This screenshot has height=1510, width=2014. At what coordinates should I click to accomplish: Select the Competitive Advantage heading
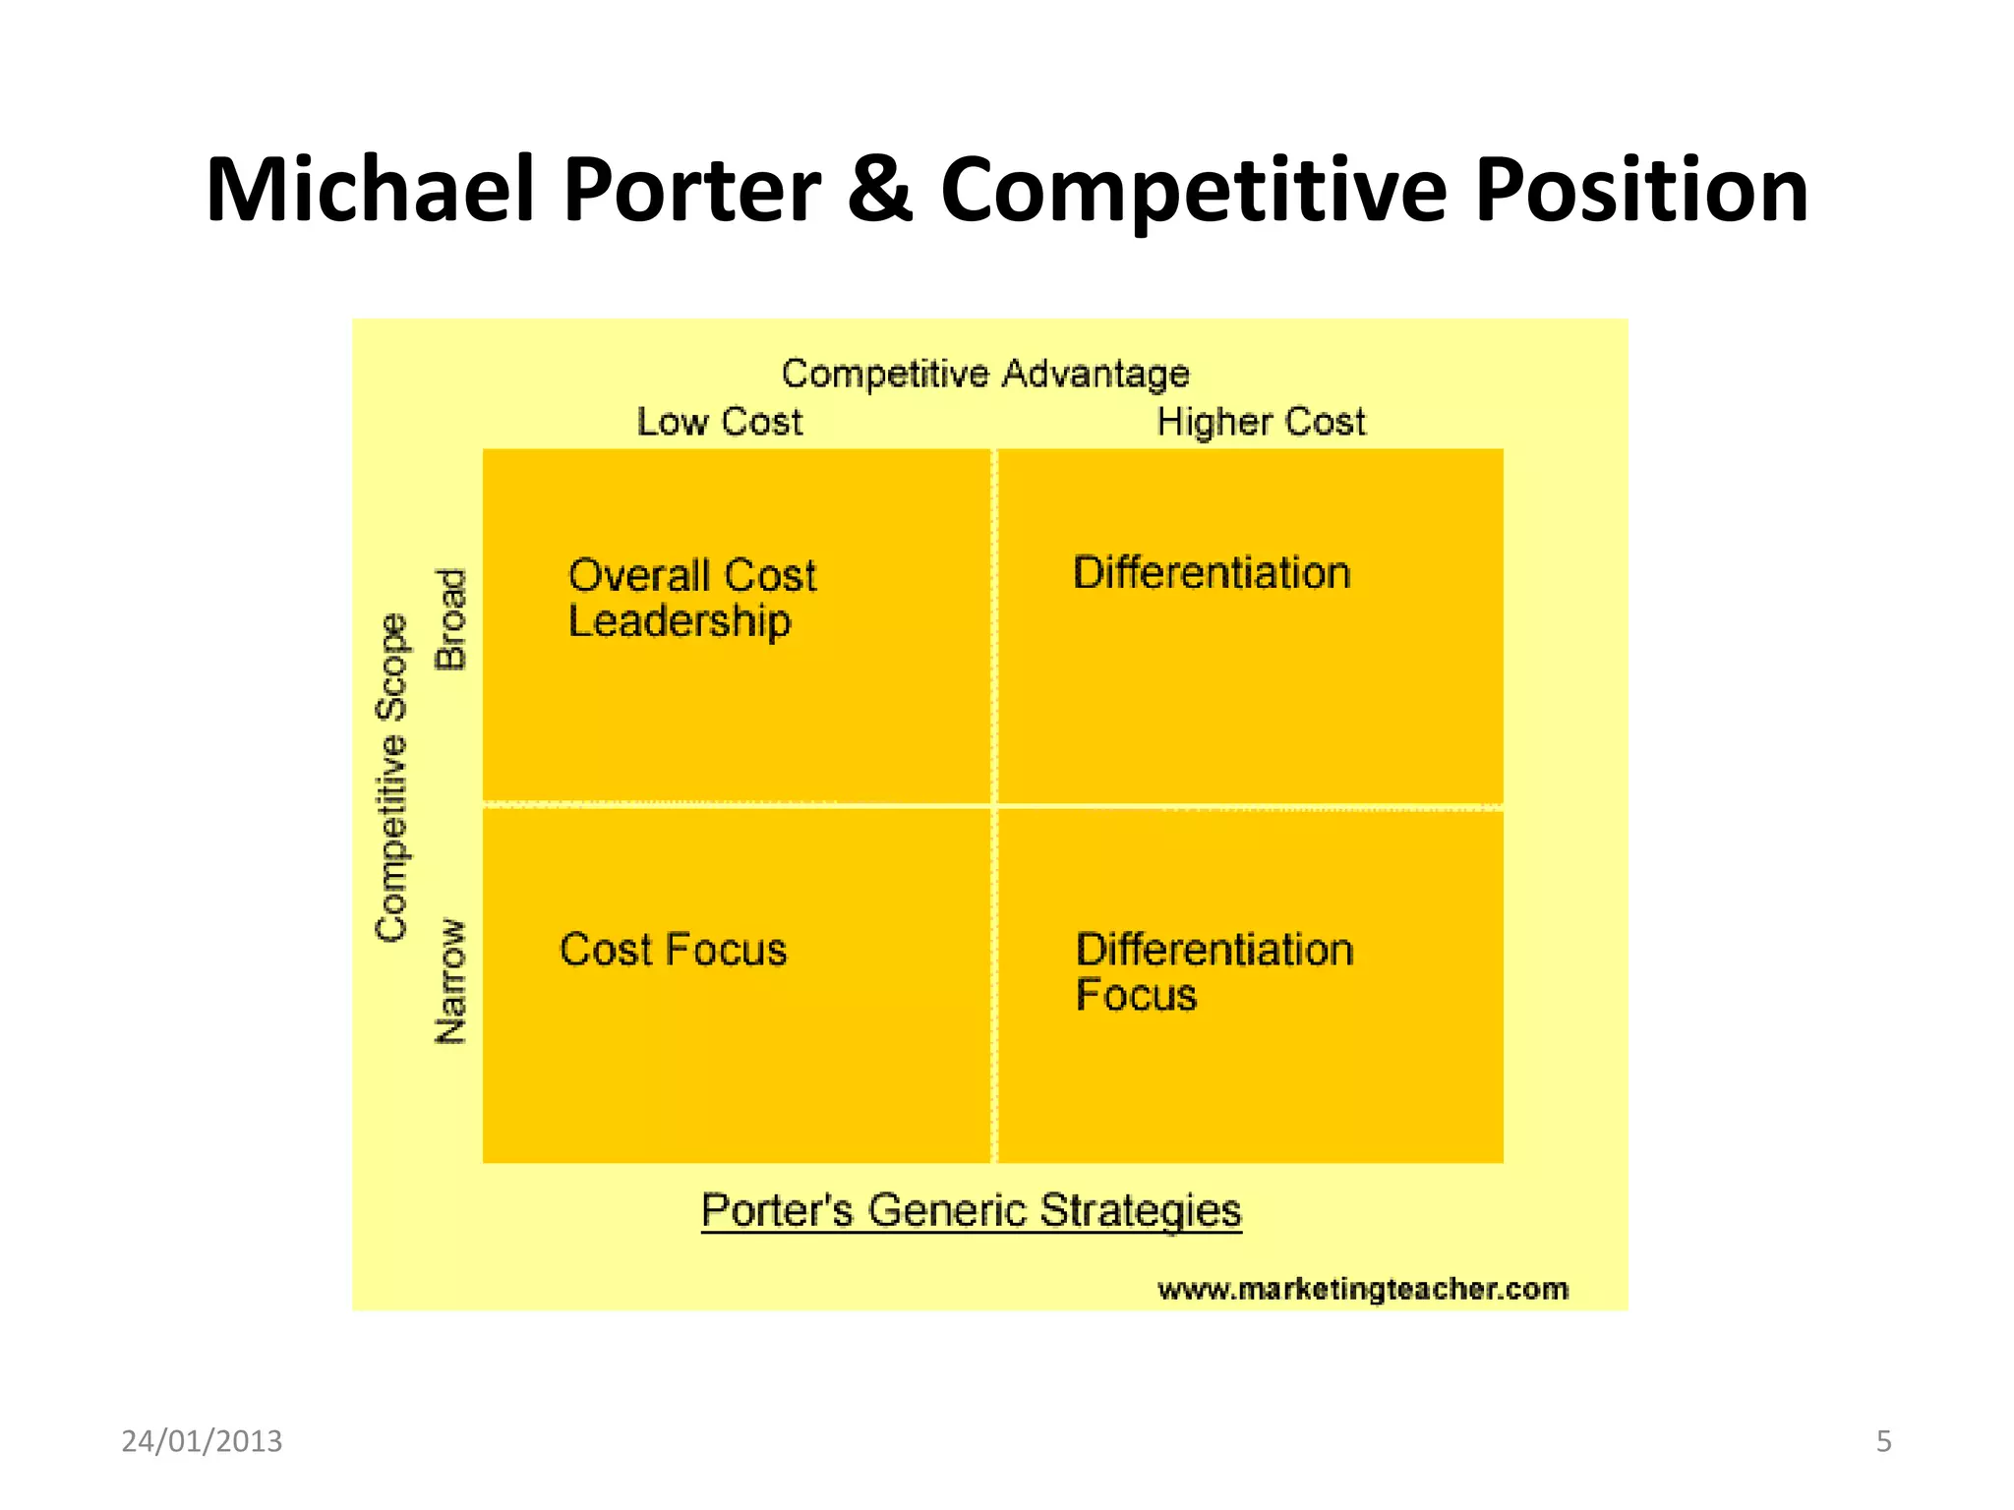985,374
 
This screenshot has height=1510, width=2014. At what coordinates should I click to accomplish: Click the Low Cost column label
720,422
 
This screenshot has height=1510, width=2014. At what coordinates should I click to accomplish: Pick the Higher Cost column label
1261,422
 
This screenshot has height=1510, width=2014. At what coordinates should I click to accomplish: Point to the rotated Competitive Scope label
391,777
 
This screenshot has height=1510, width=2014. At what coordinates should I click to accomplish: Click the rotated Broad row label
450,619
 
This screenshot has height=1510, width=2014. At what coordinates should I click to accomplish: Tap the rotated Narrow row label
450,981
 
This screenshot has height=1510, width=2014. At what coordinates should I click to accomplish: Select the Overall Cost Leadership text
691,598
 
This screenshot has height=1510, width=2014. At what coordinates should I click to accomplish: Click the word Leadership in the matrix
680,621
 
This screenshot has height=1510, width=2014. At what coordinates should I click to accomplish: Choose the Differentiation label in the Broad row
1212,573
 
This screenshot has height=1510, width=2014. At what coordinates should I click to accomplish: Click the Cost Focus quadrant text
674,950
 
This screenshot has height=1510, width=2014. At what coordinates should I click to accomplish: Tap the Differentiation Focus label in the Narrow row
1214,971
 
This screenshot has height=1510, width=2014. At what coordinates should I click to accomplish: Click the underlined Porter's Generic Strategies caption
972,1209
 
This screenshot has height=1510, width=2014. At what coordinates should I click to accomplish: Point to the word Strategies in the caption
1141,1209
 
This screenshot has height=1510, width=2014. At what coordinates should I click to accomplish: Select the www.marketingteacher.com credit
1363,1289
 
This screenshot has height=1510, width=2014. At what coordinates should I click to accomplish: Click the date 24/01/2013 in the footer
202,1441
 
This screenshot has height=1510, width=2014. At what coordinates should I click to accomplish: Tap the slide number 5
1883,1441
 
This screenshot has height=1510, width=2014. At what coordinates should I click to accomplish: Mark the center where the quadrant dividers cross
994,806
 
